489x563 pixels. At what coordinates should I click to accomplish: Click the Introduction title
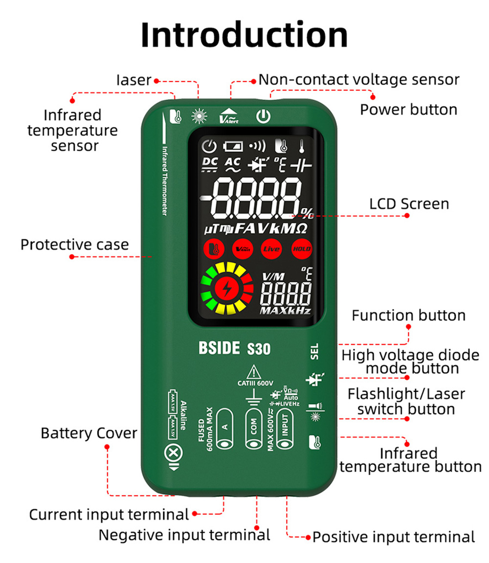[244, 35]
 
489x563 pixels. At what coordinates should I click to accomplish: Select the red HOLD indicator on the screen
[301, 249]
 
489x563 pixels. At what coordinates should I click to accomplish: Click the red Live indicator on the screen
[271, 249]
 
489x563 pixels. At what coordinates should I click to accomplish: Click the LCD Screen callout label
[409, 203]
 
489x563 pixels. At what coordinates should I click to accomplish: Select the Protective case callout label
[74, 244]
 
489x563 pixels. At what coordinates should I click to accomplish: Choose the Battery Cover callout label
[89, 433]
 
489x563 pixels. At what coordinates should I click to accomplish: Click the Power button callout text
[409, 109]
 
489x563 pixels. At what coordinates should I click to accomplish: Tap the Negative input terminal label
[184, 535]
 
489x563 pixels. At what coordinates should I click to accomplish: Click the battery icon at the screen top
[233, 146]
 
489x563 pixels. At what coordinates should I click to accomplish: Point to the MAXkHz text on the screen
[285, 311]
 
